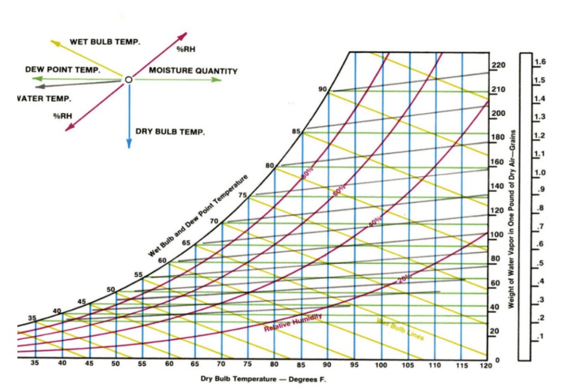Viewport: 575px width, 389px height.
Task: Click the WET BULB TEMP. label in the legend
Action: tap(105, 42)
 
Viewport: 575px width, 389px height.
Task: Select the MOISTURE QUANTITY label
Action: tap(193, 71)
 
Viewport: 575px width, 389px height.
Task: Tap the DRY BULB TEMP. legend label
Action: tap(170, 131)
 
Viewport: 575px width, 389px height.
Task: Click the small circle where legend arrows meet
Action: tap(128, 79)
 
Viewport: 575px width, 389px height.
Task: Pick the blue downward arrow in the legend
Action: tap(128, 120)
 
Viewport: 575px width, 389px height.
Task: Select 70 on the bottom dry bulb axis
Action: tap(222, 364)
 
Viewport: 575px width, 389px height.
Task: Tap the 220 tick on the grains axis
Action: tap(498, 65)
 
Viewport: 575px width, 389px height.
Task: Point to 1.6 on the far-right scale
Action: tap(540, 62)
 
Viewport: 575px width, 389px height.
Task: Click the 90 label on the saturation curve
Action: tap(323, 89)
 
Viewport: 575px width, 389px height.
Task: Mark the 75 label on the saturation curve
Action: tap(243, 195)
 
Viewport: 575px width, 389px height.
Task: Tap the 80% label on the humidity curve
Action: tap(307, 172)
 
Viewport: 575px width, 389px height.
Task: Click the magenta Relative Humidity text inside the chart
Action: tap(293, 322)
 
